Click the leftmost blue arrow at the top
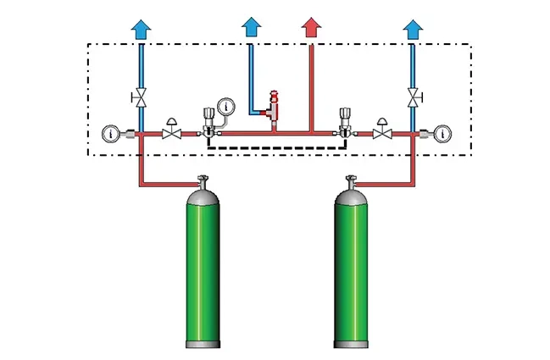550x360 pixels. coord(142,29)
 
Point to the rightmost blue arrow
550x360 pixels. coord(413,29)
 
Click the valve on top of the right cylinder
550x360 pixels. coord(348,180)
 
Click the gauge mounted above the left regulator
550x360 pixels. coord(225,107)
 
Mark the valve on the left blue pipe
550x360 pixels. coord(142,97)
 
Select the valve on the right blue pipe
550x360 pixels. coord(413,97)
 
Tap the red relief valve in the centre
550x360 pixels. coord(274,106)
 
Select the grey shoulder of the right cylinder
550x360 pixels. coord(348,200)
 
